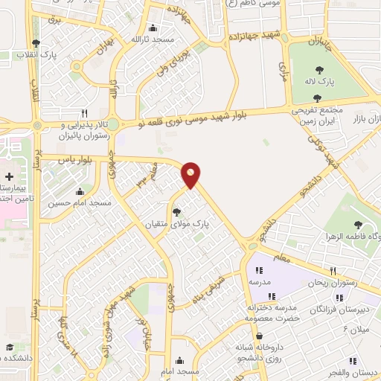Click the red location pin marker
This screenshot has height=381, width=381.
(x=191, y=174)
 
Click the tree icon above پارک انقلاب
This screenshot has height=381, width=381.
(x=36, y=43)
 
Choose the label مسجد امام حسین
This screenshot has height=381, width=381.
(x=80, y=202)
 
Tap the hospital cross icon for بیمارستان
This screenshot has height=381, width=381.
(x=8, y=177)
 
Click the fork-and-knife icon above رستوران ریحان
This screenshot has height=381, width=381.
(x=333, y=271)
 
